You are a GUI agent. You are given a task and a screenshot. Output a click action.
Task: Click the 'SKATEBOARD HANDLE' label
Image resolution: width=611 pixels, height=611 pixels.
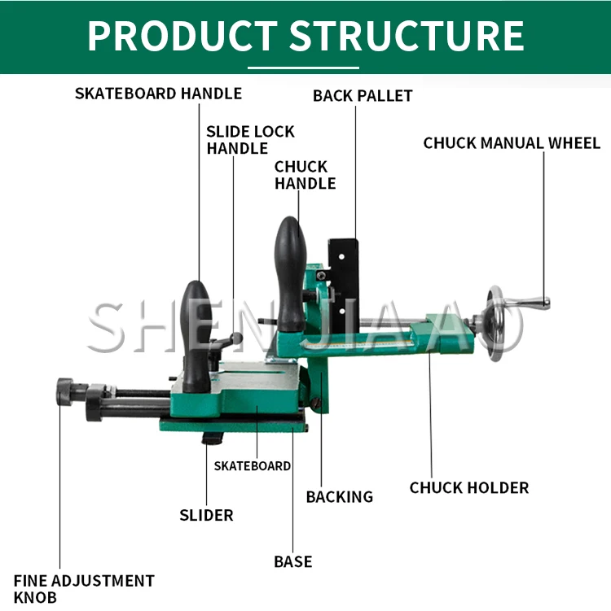click(x=158, y=94)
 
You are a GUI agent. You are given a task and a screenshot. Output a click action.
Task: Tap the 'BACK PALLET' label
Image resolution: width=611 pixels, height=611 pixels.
click(x=363, y=96)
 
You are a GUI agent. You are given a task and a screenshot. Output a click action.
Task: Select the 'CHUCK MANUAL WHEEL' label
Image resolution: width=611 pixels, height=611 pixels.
click(x=512, y=143)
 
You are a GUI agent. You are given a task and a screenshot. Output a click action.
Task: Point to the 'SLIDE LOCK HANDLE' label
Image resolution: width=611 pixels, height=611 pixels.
click(x=250, y=140)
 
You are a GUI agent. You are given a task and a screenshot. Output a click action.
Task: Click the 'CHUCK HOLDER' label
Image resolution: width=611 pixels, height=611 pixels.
click(x=468, y=488)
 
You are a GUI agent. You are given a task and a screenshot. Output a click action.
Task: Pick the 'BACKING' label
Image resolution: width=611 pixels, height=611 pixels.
click(x=339, y=496)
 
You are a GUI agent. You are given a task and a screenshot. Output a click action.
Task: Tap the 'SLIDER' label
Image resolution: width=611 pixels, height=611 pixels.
click(x=206, y=515)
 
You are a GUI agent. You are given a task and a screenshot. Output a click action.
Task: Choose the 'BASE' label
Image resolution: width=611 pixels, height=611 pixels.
click(x=292, y=561)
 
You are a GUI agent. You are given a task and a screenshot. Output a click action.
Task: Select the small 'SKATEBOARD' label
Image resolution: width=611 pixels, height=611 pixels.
click(x=252, y=466)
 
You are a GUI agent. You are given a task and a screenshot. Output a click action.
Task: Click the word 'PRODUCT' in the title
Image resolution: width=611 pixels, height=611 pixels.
click(x=181, y=36)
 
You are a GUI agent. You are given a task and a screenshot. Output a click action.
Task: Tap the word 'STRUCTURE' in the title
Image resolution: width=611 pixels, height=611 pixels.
click(x=407, y=36)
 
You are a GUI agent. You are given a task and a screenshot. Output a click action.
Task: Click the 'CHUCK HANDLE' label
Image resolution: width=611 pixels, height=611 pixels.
click(x=305, y=175)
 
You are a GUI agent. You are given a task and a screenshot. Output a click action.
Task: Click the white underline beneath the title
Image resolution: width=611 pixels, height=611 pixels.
click(x=303, y=68)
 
